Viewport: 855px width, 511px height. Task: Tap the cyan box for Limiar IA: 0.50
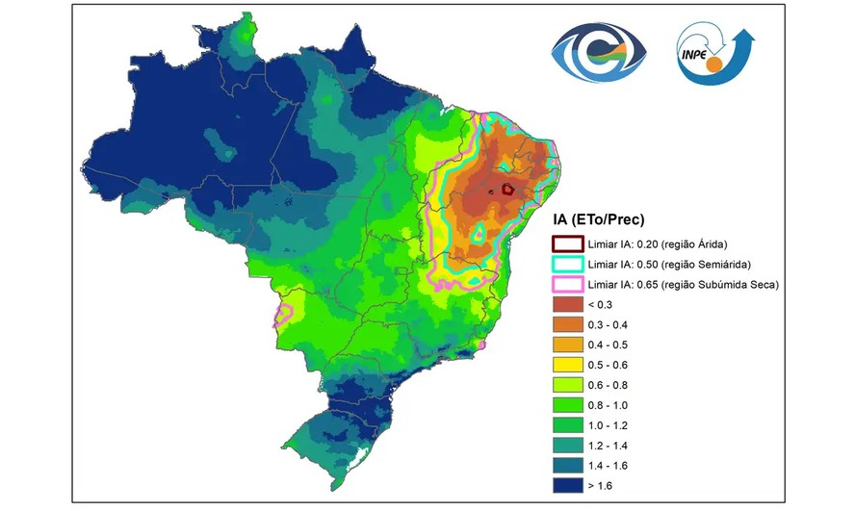point(566,264)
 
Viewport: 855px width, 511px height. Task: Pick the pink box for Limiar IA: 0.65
point(566,284)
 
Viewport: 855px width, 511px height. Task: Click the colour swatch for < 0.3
point(566,304)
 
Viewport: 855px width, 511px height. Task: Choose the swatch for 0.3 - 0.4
point(566,324)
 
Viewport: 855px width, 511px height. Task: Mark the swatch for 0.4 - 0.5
point(566,345)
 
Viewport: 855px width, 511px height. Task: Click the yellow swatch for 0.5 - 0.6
point(566,365)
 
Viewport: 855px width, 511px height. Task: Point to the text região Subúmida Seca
point(725,284)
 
